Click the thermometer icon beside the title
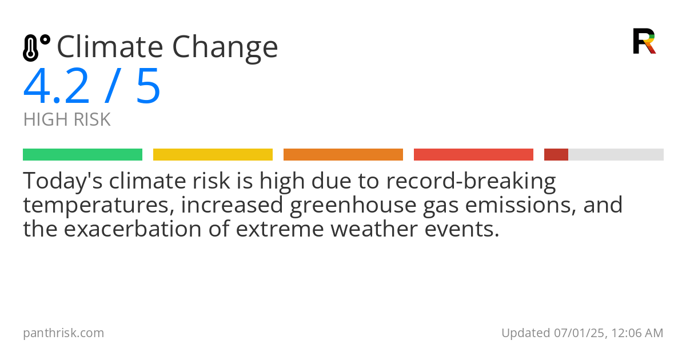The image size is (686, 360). tap(36, 47)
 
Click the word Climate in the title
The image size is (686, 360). tap(109, 47)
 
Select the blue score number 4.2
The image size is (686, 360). tap(57, 87)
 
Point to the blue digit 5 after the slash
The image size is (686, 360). tap(148, 87)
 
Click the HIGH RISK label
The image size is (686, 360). tap(67, 120)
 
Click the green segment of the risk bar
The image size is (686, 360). tap(82, 155)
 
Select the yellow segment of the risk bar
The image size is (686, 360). tap(213, 155)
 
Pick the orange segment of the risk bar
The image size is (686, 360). tap(343, 155)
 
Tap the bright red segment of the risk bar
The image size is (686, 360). tap(473, 155)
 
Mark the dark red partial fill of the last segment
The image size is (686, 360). tap(556, 155)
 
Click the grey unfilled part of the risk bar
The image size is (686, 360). tap(616, 155)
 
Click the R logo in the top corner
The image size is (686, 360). tap(644, 41)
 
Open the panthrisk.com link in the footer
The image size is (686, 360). tap(63, 333)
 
